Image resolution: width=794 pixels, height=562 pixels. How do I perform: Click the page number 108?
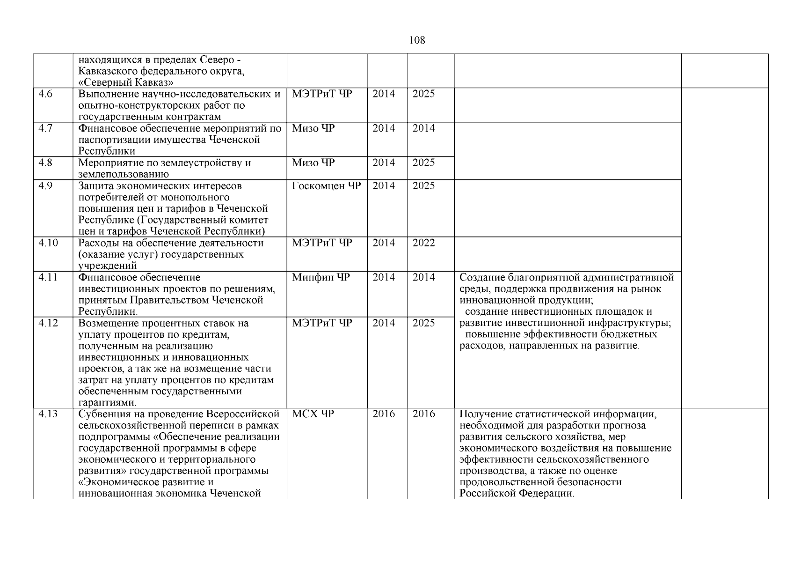tap(417, 40)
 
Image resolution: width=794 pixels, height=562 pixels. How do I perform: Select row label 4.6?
tap(45, 94)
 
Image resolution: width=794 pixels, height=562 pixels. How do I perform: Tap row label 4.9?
tap(45, 186)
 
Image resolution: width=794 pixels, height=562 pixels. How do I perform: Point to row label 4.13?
tap(48, 414)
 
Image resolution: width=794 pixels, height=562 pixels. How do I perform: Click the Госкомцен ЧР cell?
tap(326, 186)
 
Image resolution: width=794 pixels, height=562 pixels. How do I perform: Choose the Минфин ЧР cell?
tap(321, 277)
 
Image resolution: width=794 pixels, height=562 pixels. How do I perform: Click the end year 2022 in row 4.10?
tap(423, 243)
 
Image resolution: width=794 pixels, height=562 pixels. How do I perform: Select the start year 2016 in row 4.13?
tap(383, 414)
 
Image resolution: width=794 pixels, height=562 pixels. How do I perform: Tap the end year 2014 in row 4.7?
tap(423, 128)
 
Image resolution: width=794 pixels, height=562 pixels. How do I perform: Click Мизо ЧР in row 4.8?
tap(313, 163)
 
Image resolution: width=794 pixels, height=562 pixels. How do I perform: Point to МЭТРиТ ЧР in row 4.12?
tap(321, 323)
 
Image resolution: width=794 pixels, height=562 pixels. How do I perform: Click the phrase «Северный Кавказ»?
tap(126, 83)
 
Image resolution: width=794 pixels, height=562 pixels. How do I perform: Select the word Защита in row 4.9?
tap(95, 186)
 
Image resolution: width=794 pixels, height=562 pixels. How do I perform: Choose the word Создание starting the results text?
tap(482, 277)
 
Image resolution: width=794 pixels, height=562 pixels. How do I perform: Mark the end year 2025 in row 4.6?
tap(423, 94)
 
